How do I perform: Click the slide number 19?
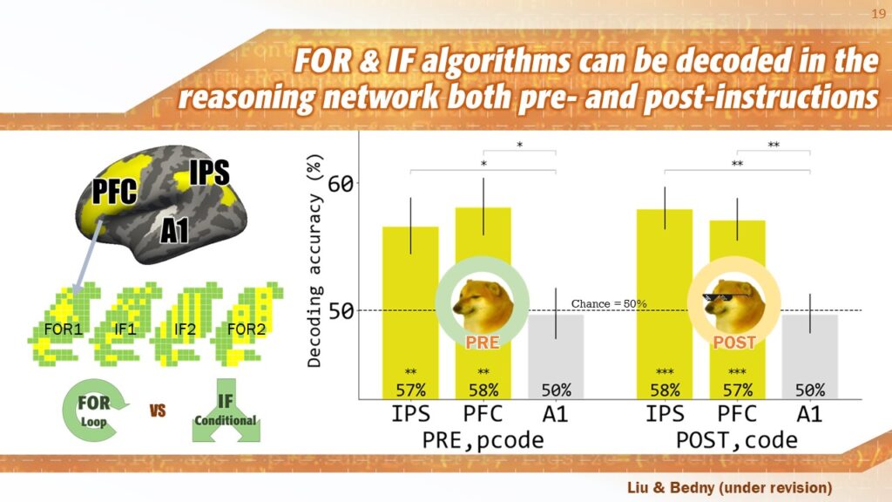[878, 14]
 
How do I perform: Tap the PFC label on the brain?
[114, 191]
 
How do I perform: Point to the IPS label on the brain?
[209, 172]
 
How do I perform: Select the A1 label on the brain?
[174, 230]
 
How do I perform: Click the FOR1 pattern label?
[63, 329]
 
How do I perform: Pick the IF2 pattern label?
[184, 329]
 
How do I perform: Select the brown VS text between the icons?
[158, 410]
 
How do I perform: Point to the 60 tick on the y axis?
[341, 184]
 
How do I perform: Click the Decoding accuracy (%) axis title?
[314, 261]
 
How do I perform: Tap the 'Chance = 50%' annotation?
[609, 304]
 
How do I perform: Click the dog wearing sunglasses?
[733, 306]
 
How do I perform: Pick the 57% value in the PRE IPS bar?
[411, 390]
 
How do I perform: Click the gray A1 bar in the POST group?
[810, 356]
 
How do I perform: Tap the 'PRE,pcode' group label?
[483, 440]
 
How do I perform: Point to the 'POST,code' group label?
[737, 440]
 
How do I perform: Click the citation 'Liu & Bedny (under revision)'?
[729, 488]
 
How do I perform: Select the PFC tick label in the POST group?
[737, 414]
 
